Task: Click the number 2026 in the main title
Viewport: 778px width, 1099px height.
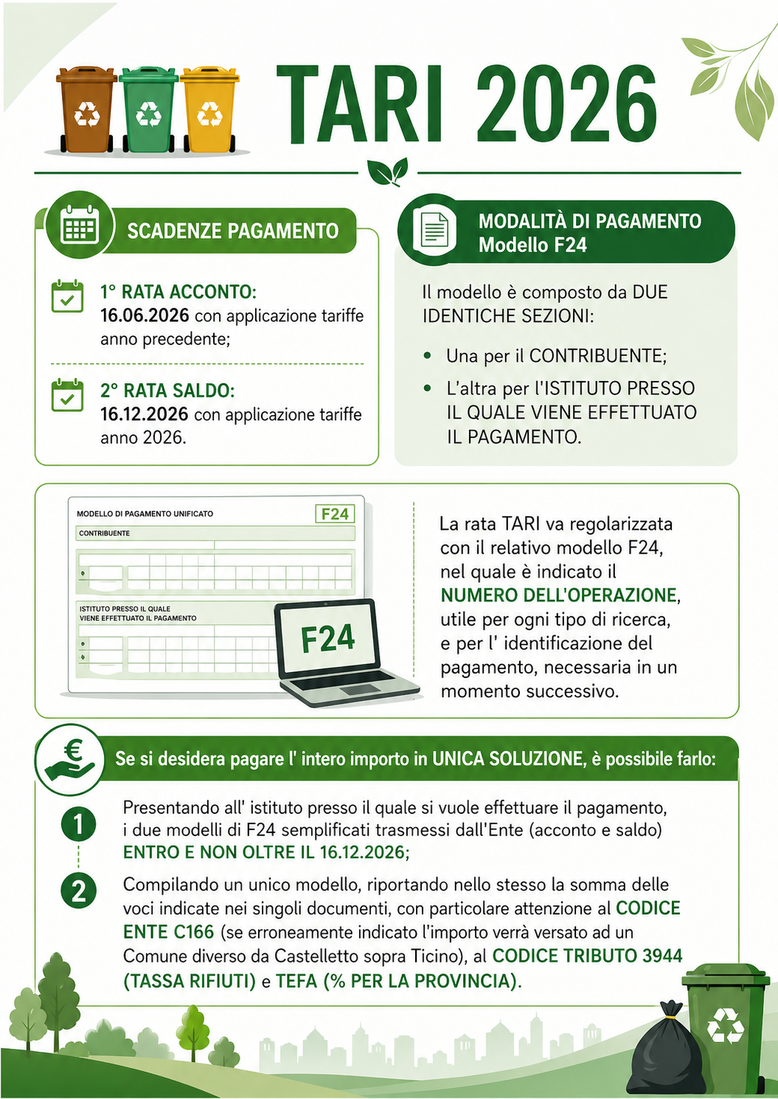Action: [x=566, y=104]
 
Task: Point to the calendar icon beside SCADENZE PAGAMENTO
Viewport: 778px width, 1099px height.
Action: [x=80, y=226]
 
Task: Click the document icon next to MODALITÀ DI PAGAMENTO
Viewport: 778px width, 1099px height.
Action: [x=434, y=229]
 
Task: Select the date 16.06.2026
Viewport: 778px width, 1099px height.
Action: [x=145, y=315]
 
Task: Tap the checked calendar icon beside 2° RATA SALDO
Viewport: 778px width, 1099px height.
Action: [x=67, y=395]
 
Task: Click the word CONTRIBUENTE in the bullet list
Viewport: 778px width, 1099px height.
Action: [x=597, y=356]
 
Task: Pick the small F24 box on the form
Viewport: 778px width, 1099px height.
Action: [x=335, y=514]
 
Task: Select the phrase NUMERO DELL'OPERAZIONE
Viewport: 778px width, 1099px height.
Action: [x=559, y=595]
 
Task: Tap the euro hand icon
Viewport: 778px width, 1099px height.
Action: [x=70, y=759]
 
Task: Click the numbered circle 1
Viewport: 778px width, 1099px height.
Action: [x=79, y=824]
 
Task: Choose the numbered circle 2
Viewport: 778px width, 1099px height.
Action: [x=79, y=891]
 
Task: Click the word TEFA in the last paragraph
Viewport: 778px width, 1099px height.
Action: [x=296, y=981]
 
